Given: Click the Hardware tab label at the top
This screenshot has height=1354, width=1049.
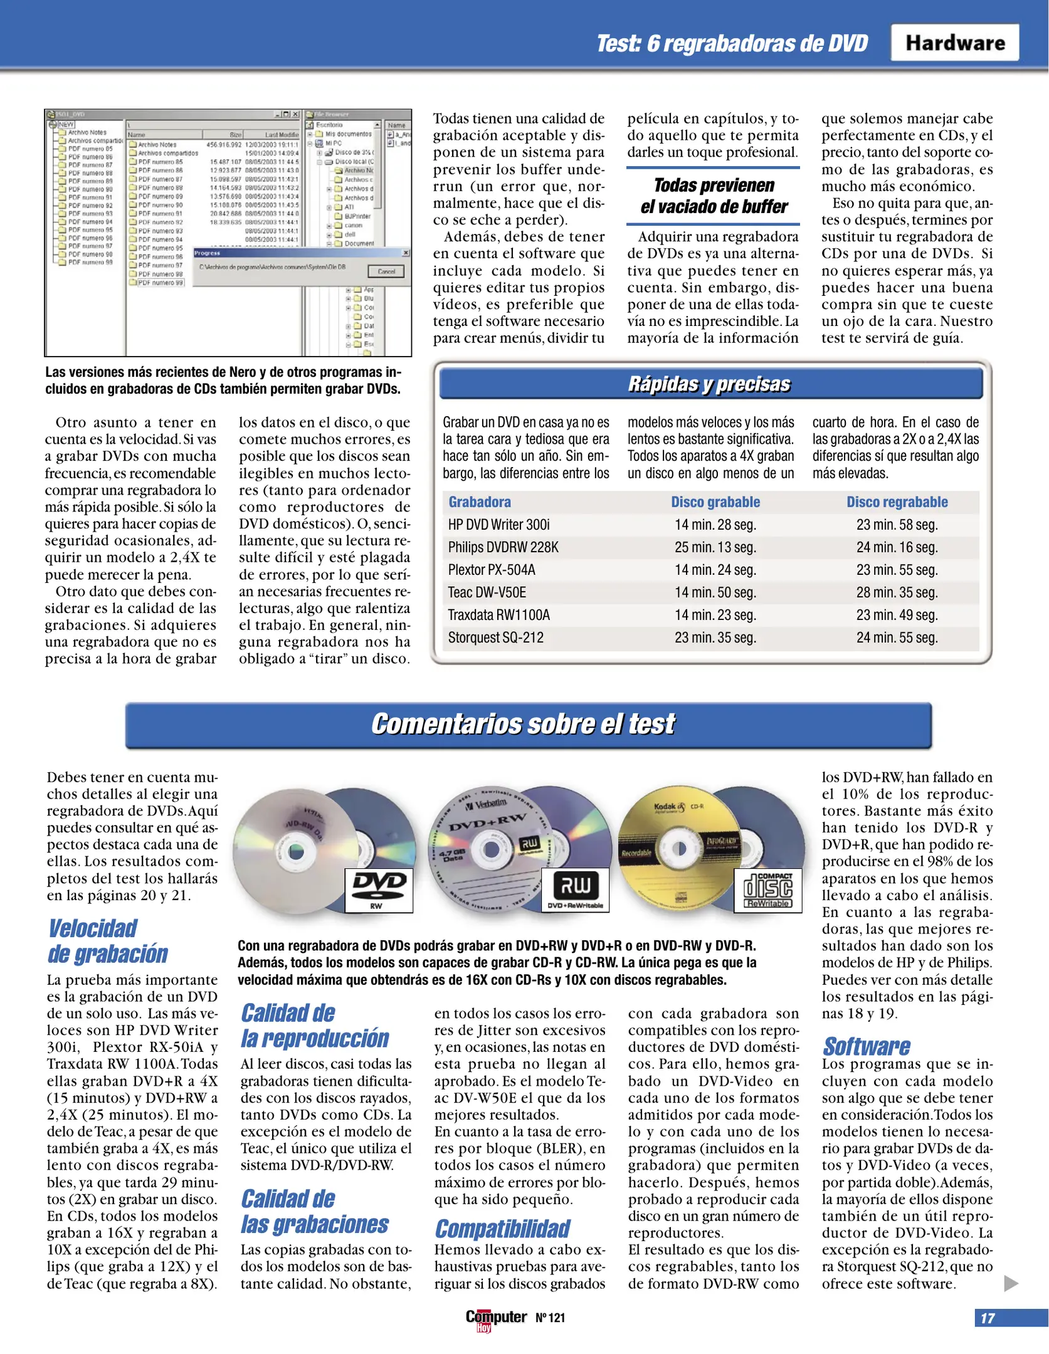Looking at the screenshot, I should pos(954,43).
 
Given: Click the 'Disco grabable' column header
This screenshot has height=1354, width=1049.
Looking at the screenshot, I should pos(715,502).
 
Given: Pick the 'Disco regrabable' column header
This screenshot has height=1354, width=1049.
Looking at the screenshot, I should pos(897,502).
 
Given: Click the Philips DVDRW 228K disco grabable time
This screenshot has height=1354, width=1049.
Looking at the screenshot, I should pos(715,547).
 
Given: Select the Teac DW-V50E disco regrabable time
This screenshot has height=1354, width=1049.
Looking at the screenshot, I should pos(897,592).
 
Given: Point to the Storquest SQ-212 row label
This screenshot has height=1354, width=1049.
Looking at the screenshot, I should pos(495,638).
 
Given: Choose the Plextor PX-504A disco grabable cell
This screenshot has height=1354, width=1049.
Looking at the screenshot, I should pos(715,570).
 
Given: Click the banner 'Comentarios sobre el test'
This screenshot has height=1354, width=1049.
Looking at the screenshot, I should pos(523,724).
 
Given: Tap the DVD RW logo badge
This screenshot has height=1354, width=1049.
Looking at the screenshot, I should pos(379,890).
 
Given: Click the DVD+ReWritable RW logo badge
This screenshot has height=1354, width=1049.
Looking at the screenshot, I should pos(575,890).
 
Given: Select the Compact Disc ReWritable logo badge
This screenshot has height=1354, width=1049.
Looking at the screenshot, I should pos(767,890).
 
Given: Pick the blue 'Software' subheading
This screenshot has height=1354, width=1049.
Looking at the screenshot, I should pos(866,1046).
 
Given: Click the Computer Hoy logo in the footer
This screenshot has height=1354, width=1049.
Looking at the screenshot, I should pos(495,1318).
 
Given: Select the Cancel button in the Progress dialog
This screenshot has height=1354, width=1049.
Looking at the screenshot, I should pos(386,271).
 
